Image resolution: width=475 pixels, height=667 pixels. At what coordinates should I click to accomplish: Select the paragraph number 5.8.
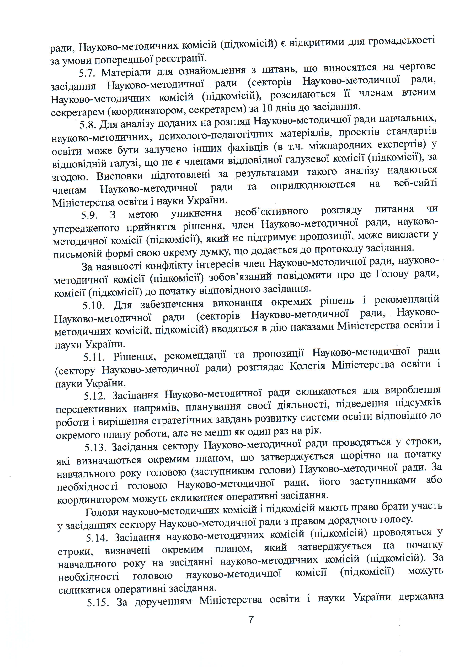click(88, 125)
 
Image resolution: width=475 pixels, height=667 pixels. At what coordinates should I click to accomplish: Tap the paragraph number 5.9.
click(89, 216)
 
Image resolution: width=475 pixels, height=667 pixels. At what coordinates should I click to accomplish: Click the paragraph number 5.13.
click(95, 448)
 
